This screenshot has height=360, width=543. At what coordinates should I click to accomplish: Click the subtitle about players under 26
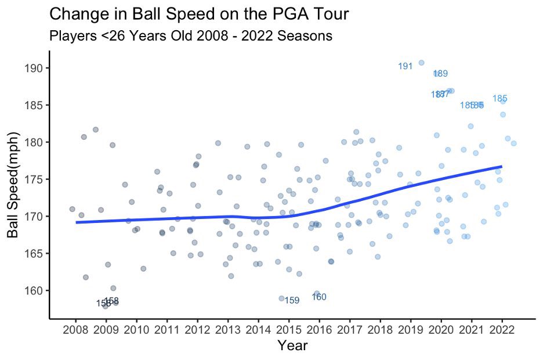[x=191, y=35]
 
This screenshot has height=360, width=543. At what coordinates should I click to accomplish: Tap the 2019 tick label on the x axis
[x=410, y=331]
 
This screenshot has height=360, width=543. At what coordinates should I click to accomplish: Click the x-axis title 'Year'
[x=292, y=347]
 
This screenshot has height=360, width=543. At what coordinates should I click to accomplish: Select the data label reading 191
[x=405, y=66]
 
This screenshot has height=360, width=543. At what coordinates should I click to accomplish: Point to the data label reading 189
[x=441, y=74]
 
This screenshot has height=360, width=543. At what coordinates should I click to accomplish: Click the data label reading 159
[x=292, y=301]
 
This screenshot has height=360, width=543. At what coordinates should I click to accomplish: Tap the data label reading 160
[x=319, y=297]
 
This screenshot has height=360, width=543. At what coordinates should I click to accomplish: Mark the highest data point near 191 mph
[x=421, y=63]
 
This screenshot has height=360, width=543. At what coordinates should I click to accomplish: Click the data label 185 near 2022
[x=500, y=99]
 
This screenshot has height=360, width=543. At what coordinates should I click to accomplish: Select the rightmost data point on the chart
[x=513, y=143]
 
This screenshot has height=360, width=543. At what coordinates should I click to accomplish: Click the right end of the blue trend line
[x=501, y=167]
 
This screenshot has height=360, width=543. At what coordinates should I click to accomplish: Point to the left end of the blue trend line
[x=77, y=222]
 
